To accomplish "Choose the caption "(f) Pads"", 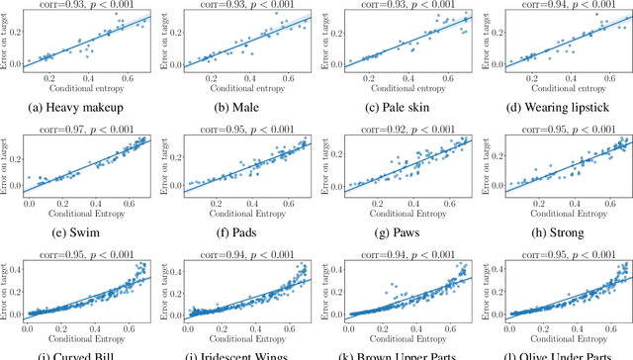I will [x=238, y=234].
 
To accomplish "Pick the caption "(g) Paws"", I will [x=397, y=234].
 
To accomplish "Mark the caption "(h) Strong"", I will [x=555, y=234].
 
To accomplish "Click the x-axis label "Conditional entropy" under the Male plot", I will [x=243, y=87].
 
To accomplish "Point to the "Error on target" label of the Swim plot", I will [x=7, y=169].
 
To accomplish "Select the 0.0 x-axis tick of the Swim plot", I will [x=30, y=202].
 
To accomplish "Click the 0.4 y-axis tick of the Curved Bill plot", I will [x=14, y=267].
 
